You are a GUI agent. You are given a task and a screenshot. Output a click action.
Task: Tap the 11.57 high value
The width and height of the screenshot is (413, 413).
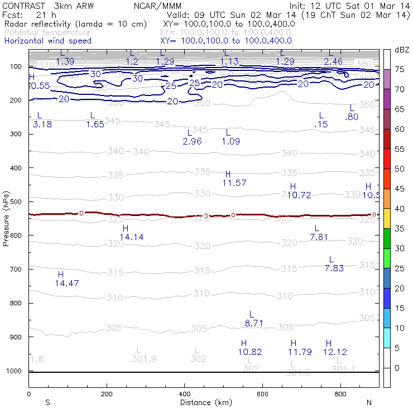click(x=234, y=183)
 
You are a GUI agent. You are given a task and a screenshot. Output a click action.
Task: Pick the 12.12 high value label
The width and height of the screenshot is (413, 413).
click(x=335, y=352)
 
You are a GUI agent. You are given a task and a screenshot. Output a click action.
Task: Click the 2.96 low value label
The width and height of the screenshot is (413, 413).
click(x=192, y=141)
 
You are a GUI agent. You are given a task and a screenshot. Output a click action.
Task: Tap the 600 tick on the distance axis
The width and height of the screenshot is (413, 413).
click(x=263, y=393)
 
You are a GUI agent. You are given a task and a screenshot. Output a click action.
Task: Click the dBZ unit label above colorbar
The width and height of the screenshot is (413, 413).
click(x=402, y=50)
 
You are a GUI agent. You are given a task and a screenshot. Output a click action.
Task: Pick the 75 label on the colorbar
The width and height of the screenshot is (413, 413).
click(x=400, y=70)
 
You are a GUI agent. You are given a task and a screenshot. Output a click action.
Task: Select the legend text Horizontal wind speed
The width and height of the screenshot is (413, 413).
click(x=47, y=41)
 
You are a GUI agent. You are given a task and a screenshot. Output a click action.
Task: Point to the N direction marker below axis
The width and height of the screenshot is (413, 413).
click(x=369, y=402)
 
